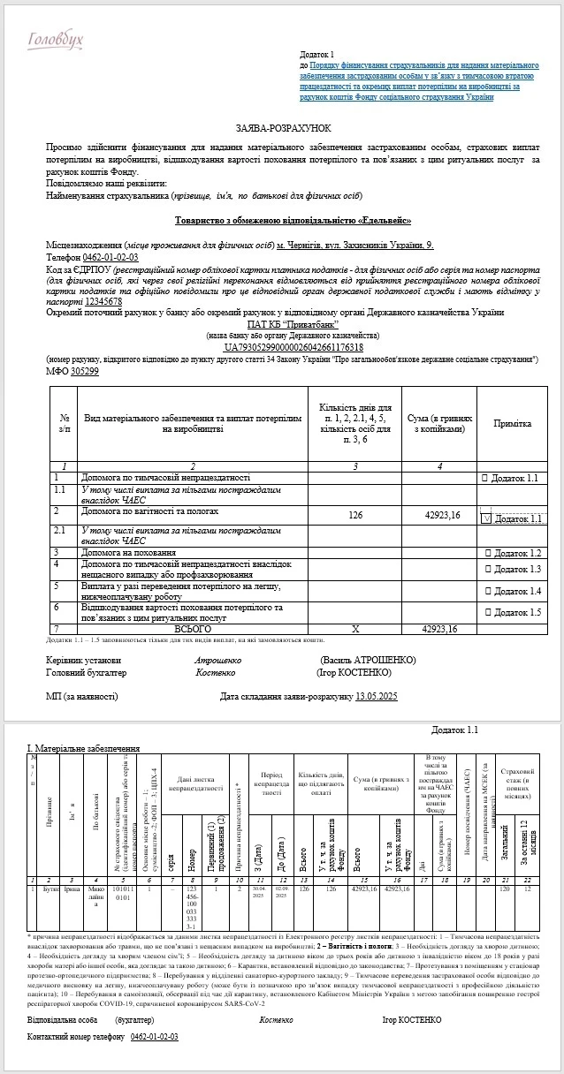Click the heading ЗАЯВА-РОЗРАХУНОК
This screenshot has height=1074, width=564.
[x=283, y=128]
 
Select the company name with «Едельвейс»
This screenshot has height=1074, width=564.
[x=280, y=221]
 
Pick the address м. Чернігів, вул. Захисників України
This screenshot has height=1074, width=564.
[x=355, y=243]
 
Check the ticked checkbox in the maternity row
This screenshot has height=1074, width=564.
[x=485, y=519]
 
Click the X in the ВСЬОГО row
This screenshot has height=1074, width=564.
[x=356, y=629]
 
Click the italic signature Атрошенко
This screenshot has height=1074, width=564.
[x=217, y=660]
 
